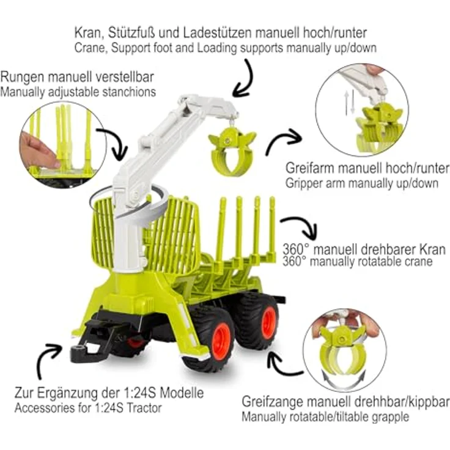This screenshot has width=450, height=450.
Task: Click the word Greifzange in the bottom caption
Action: (271, 402)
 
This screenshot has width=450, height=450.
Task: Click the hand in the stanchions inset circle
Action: (38, 150)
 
